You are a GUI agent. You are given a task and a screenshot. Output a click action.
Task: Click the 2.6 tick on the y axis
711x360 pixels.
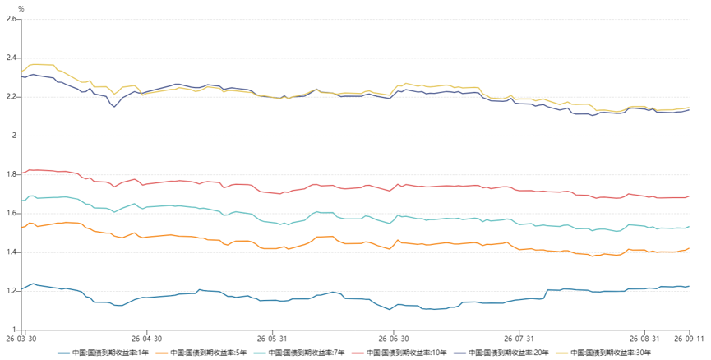point(12,19)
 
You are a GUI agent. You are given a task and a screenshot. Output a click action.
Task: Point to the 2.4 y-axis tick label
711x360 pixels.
point(12,58)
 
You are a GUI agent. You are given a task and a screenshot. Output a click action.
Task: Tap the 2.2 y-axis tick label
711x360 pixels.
point(12,97)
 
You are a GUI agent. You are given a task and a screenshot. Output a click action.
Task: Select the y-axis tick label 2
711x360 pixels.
point(15,136)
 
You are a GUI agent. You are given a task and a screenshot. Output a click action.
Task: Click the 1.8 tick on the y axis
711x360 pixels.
point(12,174)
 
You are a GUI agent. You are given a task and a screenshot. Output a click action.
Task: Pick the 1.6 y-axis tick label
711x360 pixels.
point(12,214)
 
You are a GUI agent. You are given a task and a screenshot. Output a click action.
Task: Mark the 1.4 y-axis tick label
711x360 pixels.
point(12,252)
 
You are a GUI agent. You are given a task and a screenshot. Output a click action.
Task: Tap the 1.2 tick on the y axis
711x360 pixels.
point(12,291)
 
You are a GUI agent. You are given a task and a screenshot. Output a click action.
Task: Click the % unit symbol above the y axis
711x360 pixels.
point(21,8)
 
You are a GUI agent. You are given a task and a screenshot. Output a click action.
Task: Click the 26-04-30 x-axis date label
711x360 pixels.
point(147,339)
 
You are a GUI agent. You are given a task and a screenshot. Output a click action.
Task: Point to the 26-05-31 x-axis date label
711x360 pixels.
point(273,339)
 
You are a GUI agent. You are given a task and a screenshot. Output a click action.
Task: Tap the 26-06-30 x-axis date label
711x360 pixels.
point(394,339)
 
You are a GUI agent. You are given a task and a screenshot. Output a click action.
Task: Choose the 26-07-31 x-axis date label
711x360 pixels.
point(519,339)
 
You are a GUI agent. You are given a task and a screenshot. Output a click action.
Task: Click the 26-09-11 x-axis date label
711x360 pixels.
point(688,339)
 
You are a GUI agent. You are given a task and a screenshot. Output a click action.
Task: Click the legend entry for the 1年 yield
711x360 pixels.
point(104,353)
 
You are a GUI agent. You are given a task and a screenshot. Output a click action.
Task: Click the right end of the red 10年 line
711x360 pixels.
point(690,196)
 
